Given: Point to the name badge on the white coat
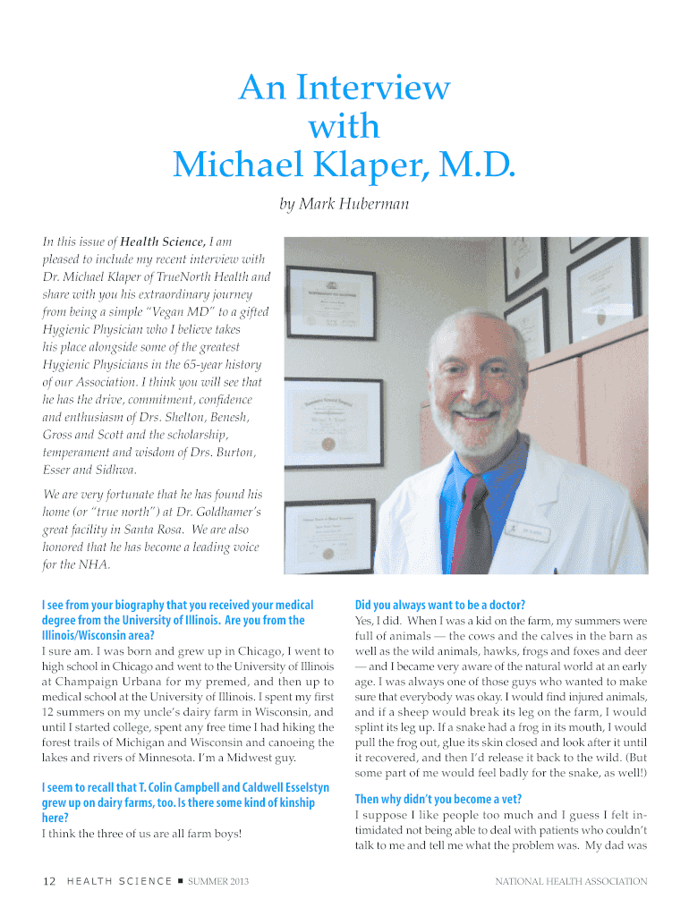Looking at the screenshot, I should click(x=528, y=530).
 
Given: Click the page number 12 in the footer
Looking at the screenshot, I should click(x=50, y=882).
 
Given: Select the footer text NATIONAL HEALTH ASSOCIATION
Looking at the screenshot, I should click(x=571, y=882).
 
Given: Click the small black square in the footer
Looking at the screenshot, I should click(x=180, y=882).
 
